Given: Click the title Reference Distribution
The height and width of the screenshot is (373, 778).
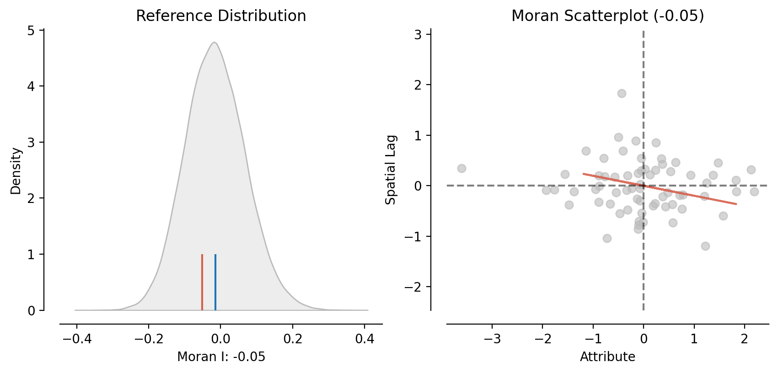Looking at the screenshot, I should (x=221, y=16).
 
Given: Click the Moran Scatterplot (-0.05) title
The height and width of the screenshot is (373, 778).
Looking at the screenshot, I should (x=607, y=16).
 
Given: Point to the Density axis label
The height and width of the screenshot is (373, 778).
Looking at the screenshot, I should (x=16, y=171).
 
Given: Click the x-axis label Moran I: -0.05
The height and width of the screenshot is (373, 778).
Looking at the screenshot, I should (x=221, y=357).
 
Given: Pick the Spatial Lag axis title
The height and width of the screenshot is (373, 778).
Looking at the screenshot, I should (x=391, y=170).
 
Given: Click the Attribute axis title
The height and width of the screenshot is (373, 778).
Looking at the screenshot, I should (x=607, y=357).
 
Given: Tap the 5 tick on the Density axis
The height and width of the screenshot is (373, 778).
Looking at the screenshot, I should (x=31, y=31).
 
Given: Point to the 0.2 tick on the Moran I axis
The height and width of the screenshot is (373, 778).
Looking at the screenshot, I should (x=293, y=339).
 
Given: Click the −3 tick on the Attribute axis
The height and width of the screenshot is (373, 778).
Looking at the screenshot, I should (x=492, y=339).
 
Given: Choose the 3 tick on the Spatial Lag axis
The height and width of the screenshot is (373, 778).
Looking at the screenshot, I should (x=418, y=34).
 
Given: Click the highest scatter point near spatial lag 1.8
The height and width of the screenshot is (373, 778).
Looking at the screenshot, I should (x=622, y=93).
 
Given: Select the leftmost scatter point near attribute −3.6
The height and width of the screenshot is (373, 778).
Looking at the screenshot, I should (x=461, y=168).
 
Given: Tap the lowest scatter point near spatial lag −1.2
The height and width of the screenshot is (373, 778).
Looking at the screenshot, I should (x=705, y=246).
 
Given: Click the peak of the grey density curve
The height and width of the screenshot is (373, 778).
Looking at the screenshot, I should (x=214, y=43).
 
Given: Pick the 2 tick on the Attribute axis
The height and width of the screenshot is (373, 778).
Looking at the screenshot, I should (x=745, y=339).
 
